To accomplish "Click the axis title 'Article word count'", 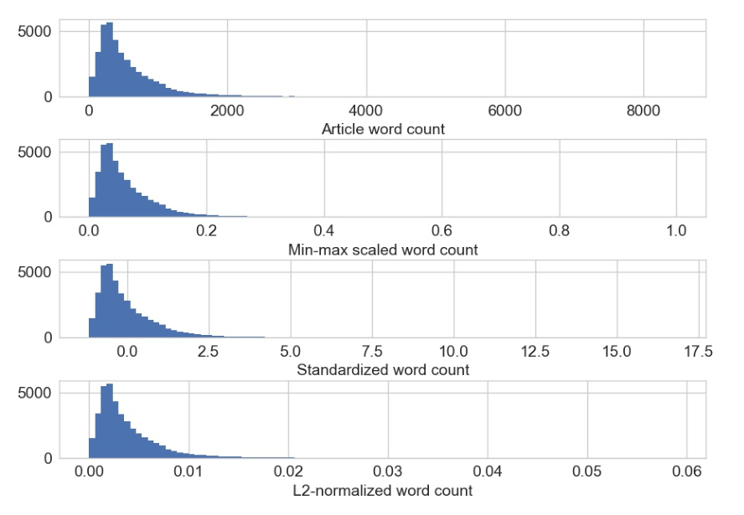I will (383, 129).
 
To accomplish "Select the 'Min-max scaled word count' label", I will (383, 250).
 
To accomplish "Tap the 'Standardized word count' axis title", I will (383, 369).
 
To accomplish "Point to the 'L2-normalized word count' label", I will (383, 490).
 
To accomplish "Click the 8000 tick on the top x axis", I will (643, 111).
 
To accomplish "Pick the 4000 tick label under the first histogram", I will (366, 111).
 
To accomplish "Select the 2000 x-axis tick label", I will (227, 111).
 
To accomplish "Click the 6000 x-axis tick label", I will (504, 111).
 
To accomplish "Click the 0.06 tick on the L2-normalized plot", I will (686, 471).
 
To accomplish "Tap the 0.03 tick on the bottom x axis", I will (387, 471).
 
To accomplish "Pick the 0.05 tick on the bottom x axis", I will (586, 471).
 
